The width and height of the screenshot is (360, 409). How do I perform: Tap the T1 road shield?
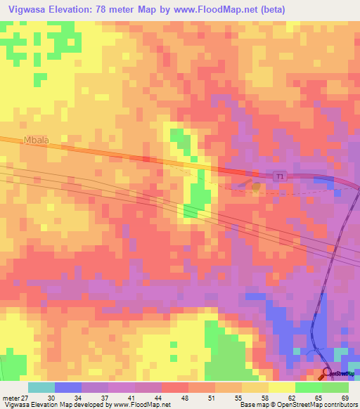pos(281,178)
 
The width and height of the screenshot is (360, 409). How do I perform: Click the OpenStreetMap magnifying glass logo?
pos(327,375)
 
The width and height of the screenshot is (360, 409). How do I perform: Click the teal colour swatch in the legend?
pos(41,387)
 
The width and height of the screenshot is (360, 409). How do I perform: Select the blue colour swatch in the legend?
pos(68,387)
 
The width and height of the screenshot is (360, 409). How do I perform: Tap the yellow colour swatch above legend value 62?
pos(282,387)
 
